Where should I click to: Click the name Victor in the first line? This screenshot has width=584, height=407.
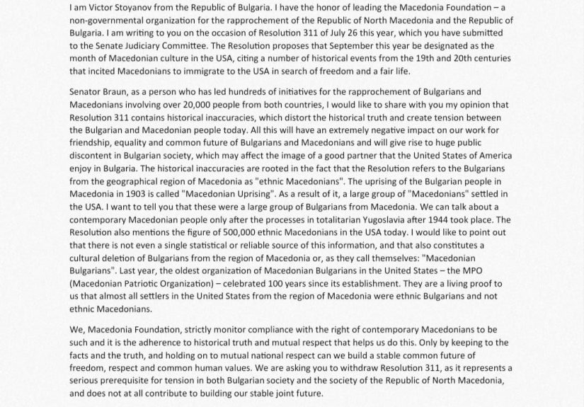pos(99,8)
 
